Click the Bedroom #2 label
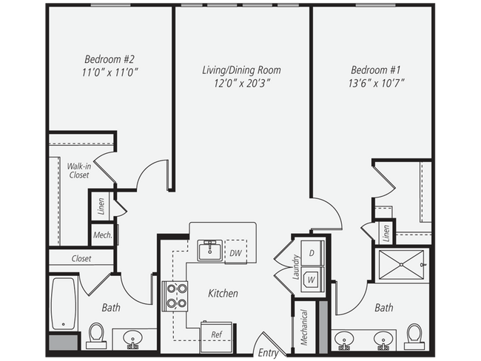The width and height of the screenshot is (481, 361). [110, 59]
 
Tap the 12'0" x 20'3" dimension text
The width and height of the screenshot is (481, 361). [242, 84]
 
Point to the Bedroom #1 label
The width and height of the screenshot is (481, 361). [375, 70]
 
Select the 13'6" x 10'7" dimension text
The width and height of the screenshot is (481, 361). [376, 83]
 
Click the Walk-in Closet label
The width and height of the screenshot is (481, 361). [79, 171]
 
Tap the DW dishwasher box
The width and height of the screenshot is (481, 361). [235, 252]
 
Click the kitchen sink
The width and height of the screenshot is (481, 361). [210, 250]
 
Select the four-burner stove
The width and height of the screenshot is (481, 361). [175, 296]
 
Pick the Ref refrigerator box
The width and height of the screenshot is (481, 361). [216, 337]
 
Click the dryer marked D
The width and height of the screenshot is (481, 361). [312, 253]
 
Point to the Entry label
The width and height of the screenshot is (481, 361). [268, 353]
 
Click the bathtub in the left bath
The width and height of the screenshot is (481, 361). [64, 303]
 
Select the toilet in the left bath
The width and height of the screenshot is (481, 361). [96, 336]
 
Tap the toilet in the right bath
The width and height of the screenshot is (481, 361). [414, 337]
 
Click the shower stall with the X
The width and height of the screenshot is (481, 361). [402, 264]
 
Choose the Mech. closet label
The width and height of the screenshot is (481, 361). [103, 235]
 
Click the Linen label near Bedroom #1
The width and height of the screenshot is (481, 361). [386, 233]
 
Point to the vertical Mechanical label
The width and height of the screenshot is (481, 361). [303, 328]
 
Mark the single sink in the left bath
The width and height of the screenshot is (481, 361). [132, 339]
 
